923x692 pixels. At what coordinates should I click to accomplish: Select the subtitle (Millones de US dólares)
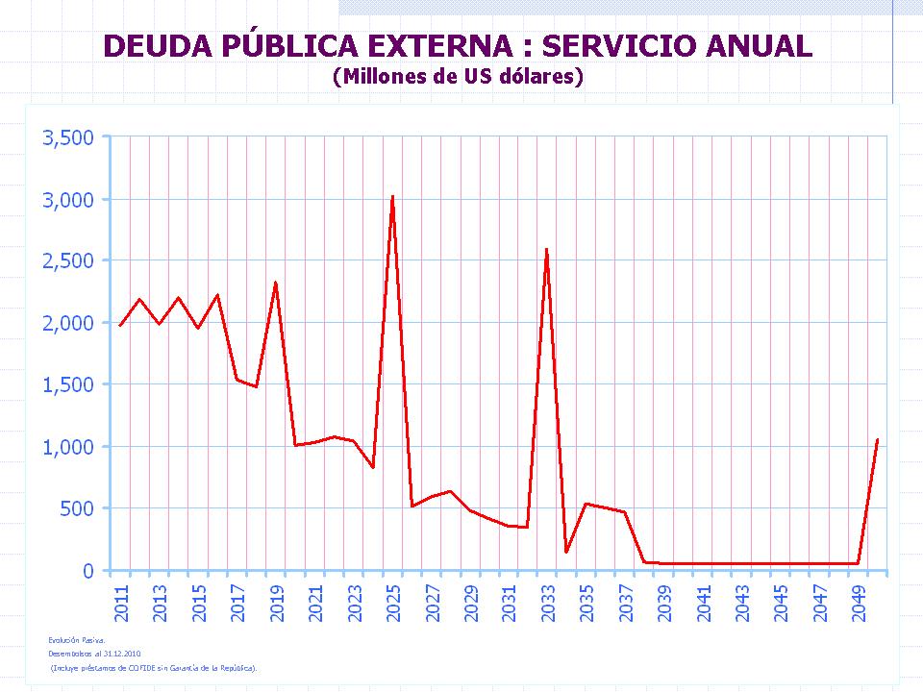(459, 77)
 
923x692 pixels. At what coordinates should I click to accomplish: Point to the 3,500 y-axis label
(68, 137)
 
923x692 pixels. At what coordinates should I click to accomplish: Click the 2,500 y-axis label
(68, 261)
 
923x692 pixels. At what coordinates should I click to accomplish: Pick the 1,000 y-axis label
(68, 447)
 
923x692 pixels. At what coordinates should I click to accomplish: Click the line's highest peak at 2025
(392, 197)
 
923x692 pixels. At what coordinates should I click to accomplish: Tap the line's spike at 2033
(547, 250)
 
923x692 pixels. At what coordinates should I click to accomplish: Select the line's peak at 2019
(276, 284)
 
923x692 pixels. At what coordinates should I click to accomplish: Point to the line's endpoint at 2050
(877, 440)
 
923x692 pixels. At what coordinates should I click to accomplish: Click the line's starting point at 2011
(120, 326)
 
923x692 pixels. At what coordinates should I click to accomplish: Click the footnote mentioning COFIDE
(154, 666)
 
